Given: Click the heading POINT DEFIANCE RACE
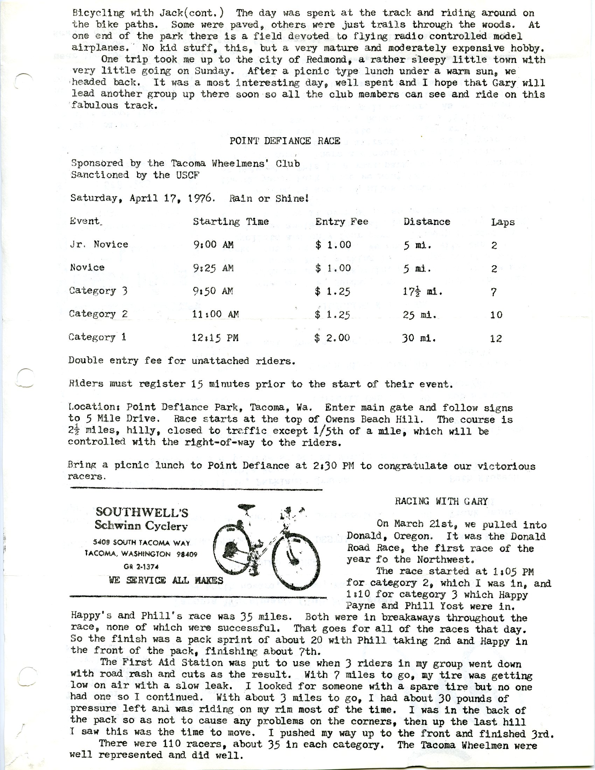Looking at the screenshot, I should [285, 141].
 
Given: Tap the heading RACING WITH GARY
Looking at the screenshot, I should [441, 501].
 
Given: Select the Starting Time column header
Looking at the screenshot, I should [231, 222].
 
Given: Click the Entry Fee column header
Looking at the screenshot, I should [342, 222].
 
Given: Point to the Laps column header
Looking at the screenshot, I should [503, 222].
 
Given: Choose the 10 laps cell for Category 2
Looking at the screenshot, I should [496, 315].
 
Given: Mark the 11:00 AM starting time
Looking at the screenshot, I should [215, 314].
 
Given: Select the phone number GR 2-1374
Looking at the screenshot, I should [141, 567].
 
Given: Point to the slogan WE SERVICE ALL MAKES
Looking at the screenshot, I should [166, 580].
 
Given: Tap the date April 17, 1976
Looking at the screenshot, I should [171, 198].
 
